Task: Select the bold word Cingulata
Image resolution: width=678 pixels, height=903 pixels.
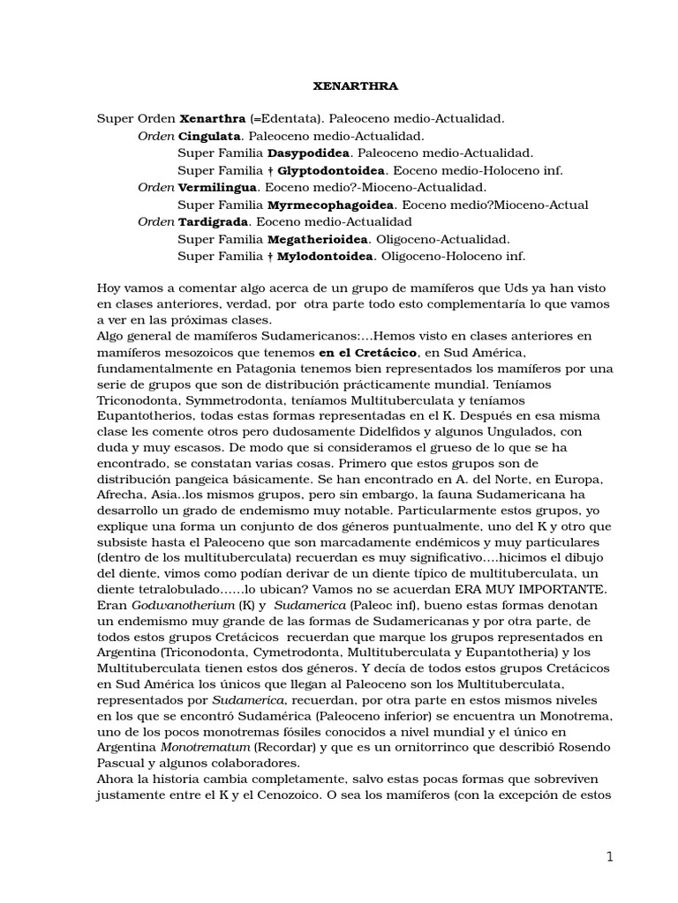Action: tap(209, 137)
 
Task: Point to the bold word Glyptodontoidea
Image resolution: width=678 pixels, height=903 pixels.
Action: tap(333, 170)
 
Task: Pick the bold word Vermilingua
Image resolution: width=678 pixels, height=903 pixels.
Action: tap(217, 188)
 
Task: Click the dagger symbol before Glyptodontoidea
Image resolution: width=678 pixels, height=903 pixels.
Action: tap(270, 170)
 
